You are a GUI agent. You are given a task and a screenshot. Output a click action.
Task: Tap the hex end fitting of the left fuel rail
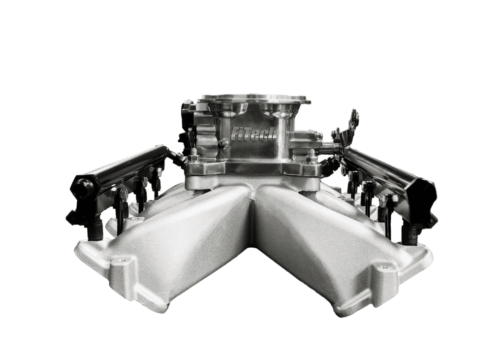[81, 186]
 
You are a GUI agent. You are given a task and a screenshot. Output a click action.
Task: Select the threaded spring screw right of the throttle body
[330, 146]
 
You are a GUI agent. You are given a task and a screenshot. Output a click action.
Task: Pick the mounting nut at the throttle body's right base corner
[311, 159]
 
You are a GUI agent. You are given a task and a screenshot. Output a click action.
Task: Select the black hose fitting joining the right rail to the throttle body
[331, 163]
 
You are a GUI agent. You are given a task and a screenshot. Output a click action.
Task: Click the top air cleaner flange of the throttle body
[253, 99]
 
